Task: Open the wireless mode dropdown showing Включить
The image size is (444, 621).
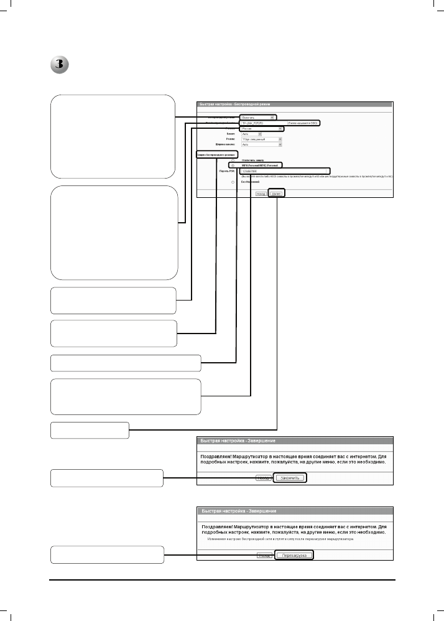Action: point(256,116)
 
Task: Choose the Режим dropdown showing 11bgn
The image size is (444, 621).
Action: point(261,139)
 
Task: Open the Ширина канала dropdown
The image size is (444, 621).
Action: point(261,144)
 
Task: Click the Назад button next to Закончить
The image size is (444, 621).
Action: point(262,478)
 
